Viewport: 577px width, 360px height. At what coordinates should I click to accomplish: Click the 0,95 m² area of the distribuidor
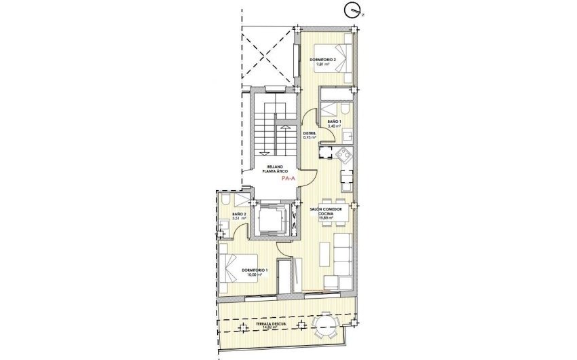tap(312, 137)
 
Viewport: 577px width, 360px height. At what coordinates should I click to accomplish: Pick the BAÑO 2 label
tap(238, 214)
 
